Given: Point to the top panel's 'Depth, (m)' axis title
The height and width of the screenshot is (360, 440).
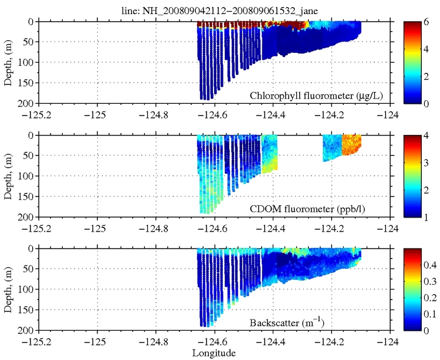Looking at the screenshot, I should click(x=8, y=62).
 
